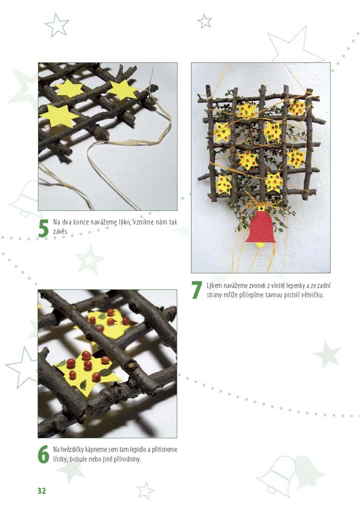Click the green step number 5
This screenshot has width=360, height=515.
click(x=43, y=228)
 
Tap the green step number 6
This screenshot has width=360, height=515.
click(x=43, y=455)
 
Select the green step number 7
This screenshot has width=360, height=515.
click(x=196, y=290)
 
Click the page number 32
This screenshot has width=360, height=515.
click(x=42, y=491)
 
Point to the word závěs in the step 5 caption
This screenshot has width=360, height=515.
click(x=61, y=232)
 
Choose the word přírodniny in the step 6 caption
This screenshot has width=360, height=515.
click(x=127, y=459)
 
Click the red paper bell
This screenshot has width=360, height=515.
click(x=262, y=227)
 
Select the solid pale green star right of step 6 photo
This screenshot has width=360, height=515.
click(x=327, y=354)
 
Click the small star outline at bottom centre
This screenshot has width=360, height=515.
click(x=145, y=490)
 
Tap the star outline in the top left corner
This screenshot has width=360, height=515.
click(x=57, y=25)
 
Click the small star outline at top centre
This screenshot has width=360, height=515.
click(x=205, y=21)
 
